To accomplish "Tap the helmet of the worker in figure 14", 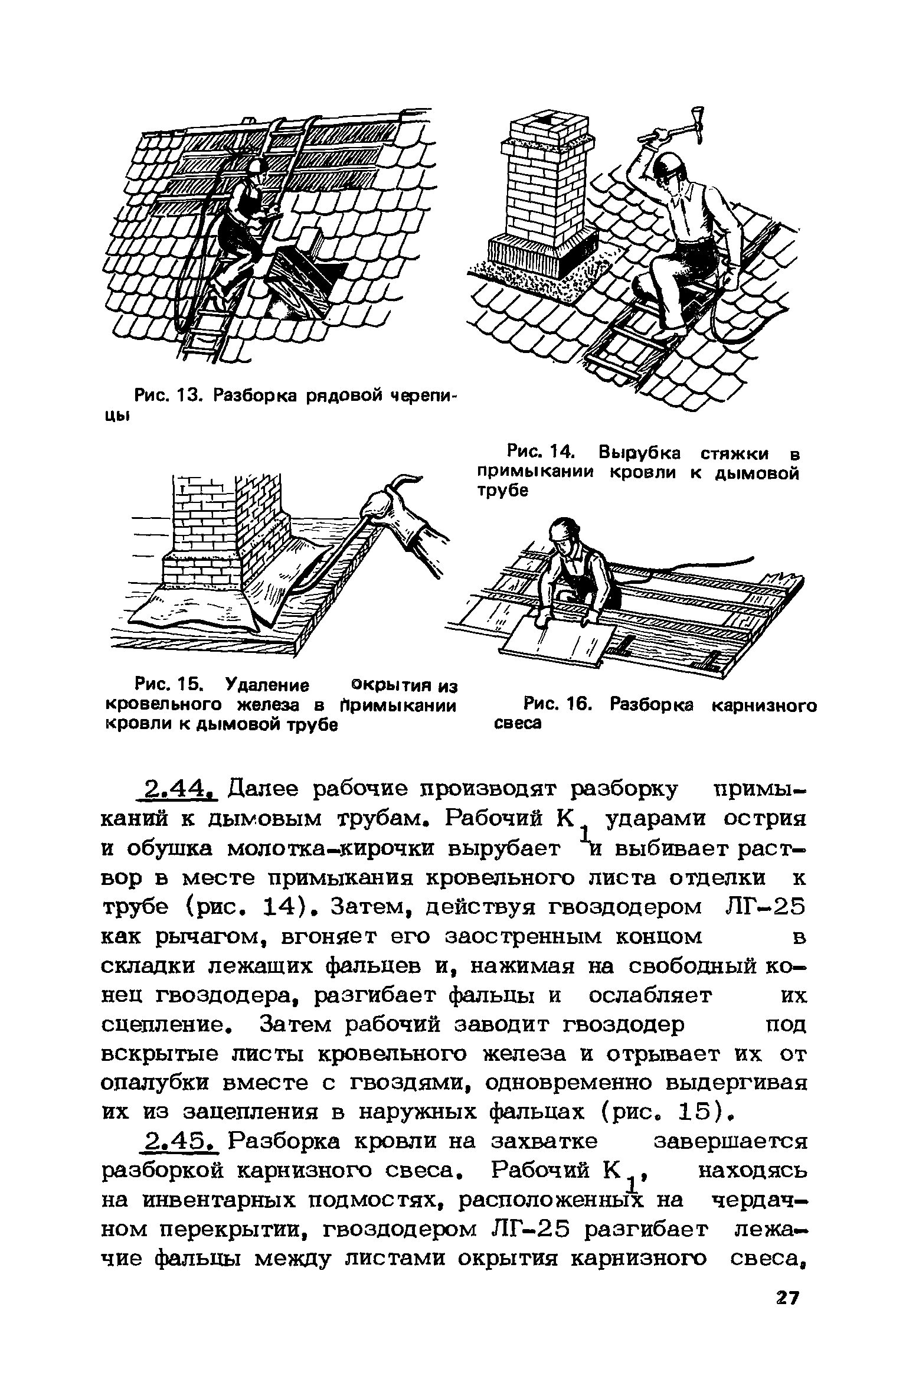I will (672, 166).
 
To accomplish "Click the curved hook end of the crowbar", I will (407, 477).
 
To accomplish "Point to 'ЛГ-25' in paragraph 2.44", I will (764, 907).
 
